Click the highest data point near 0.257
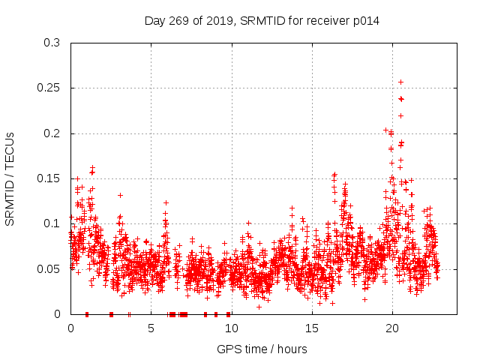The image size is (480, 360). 400,82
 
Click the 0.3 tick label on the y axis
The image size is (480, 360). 52,43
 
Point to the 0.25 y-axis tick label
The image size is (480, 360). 48,88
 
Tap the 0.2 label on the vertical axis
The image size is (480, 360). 52,133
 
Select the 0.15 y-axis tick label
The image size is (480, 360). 48,178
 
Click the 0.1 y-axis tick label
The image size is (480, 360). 52,223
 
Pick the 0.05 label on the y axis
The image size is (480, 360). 48,269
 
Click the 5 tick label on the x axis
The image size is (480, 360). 151,328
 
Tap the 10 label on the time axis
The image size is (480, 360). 232,328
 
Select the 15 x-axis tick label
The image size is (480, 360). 312,328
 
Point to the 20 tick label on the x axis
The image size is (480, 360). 392,328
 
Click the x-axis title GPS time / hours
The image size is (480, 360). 262,349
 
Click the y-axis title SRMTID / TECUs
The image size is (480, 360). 10,179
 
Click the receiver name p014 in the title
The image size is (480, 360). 366,21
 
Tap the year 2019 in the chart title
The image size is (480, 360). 220,21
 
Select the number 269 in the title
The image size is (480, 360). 178,21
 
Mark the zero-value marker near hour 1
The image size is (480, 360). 87,314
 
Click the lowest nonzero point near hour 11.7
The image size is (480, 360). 259,307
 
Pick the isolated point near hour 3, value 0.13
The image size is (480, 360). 120,195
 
